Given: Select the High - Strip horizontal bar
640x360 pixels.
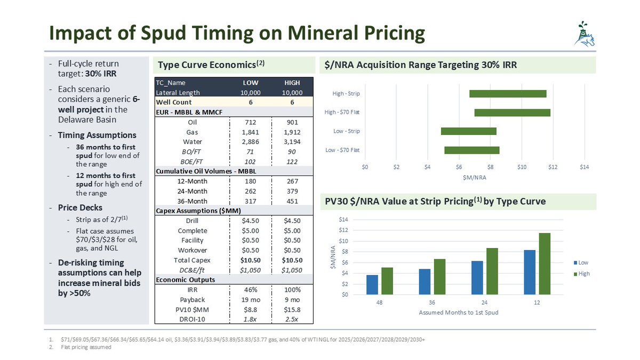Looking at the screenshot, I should click(508, 94).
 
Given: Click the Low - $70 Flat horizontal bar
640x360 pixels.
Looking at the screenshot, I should click(471, 150).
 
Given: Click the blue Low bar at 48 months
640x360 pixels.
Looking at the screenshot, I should click(372, 284).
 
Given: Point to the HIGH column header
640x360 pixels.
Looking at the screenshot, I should click(292, 83).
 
